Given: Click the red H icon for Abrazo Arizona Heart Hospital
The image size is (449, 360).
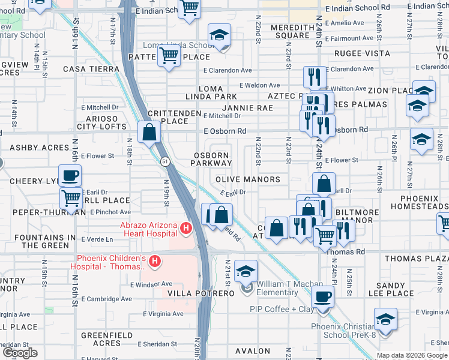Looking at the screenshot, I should point(186,229).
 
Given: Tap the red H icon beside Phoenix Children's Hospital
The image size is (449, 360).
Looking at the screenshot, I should point(155,261).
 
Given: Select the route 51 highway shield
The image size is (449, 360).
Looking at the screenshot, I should point(164,161).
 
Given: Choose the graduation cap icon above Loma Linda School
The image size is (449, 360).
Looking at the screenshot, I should point(220,35).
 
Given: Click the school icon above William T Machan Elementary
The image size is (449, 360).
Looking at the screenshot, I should point(245,271).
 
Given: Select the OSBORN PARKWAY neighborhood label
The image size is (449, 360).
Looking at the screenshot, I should point(211,159).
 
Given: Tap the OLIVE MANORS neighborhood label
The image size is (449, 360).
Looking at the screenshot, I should point(248,179).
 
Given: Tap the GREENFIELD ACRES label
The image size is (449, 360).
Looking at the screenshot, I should point(101,339).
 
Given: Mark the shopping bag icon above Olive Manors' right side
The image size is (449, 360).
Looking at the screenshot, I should point(324,184).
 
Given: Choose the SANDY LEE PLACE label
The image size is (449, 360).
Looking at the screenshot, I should point(403,289).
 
